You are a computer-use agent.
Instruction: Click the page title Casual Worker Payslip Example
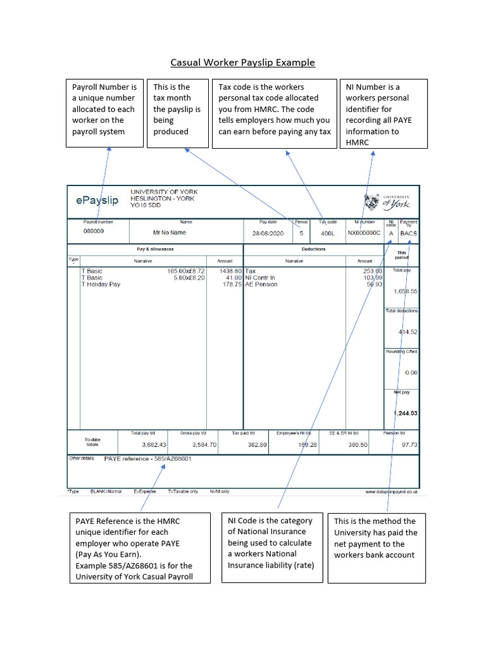(x=242, y=63)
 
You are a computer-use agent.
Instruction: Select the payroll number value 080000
(x=94, y=232)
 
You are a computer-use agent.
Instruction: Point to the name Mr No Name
(x=170, y=233)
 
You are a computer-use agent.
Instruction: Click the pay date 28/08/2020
(x=268, y=233)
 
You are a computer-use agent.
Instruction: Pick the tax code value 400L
(x=327, y=233)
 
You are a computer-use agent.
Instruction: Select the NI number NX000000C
(x=364, y=233)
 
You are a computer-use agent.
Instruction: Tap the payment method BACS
(x=409, y=233)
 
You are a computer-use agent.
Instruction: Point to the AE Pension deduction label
(x=261, y=285)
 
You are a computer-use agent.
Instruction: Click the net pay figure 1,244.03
(x=405, y=413)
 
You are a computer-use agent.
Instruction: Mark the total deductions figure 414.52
(x=408, y=332)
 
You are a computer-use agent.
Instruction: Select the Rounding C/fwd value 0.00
(x=411, y=373)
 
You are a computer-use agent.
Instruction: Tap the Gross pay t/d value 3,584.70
(x=204, y=445)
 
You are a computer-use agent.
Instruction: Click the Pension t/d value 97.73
(x=410, y=445)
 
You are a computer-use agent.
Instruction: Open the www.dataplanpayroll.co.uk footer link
(x=391, y=491)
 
